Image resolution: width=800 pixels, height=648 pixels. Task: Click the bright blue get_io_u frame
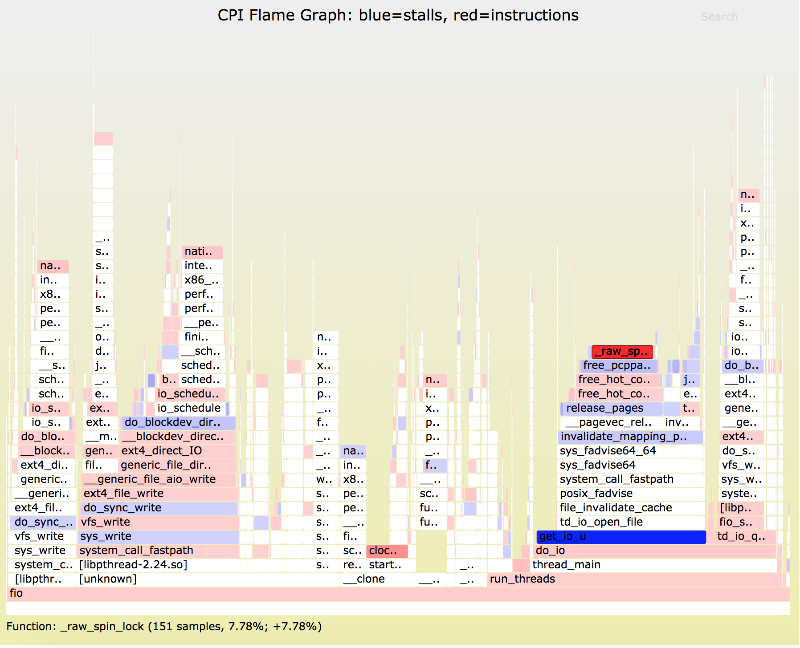(x=621, y=537)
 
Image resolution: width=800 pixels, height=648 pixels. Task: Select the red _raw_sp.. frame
(x=622, y=352)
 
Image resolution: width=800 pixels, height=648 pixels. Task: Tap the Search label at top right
(x=719, y=17)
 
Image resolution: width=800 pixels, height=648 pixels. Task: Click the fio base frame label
(x=16, y=593)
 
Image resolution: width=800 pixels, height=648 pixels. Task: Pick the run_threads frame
(x=522, y=579)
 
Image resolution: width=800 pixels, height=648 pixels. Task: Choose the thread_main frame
(x=566, y=565)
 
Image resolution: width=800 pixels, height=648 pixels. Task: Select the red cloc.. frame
(x=387, y=551)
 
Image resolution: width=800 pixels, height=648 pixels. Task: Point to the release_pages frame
(x=604, y=408)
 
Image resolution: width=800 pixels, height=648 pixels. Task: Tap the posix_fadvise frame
(x=596, y=494)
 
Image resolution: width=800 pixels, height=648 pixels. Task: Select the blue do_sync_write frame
(x=122, y=508)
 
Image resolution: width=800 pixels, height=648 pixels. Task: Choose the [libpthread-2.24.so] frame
(x=133, y=565)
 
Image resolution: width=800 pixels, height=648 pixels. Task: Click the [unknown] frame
(x=108, y=579)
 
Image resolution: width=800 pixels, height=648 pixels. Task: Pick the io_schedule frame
(x=189, y=408)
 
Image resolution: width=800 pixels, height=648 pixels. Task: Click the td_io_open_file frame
(x=601, y=522)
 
